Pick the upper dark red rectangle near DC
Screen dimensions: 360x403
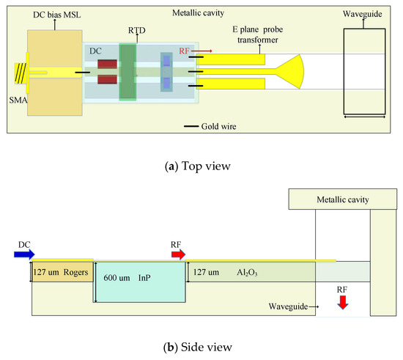107,64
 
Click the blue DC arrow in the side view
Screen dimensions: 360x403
23,254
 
